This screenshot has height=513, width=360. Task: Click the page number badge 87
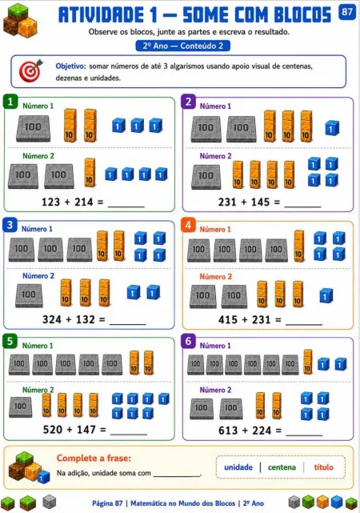tap(347, 13)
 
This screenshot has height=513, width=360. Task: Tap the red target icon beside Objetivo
tap(30, 70)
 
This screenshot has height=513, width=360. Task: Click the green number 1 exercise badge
tap(10, 102)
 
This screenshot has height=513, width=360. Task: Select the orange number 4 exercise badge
tap(188, 225)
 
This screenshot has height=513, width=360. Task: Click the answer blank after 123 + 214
tap(126, 206)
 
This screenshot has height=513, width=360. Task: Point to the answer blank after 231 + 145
tap(302, 206)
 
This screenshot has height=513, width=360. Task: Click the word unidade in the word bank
tap(238, 467)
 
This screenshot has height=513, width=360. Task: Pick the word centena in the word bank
tap(282, 467)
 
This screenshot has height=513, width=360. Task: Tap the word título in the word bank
tap(323, 467)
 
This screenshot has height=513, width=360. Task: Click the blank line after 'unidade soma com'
tap(177, 475)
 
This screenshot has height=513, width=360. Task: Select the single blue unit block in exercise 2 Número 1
tap(332, 128)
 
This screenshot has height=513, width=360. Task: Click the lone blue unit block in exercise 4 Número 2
tap(326, 296)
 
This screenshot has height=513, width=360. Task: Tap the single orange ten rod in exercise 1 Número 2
tap(90, 172)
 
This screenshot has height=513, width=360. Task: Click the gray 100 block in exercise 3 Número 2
tap(29, 295)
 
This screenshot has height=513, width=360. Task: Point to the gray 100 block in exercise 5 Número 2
tap(20, 407)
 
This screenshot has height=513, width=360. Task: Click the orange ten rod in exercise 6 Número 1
tap(308, 362)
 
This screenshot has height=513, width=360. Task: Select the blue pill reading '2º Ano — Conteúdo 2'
tap(182, 46)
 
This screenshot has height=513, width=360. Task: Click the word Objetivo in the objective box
tap(70, 66)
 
